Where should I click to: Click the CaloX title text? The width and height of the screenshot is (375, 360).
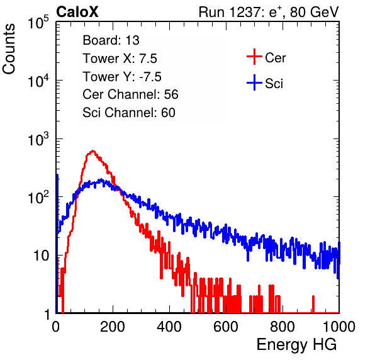tap(77, 12)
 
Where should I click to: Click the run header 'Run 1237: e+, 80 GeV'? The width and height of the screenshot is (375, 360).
tap(269, 12)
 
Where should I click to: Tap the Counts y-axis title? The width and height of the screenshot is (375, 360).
tap(9, 49)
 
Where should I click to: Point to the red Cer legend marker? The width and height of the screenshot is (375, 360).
tap(254, 57)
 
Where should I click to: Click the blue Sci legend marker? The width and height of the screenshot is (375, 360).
tap(254, 82)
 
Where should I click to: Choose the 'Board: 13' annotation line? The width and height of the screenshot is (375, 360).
tap(111, 40)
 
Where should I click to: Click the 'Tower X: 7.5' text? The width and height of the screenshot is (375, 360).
tap(120, 59)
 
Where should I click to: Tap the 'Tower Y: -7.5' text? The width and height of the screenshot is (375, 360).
tap(122, 77)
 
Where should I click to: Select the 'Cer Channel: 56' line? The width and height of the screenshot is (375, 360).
tap(130, 94)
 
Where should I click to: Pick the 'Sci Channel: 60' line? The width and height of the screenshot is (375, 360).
tap(129, 113)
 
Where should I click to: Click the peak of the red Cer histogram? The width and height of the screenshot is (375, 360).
tap(92, 151)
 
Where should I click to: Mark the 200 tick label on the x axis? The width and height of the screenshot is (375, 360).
tap(113, 327)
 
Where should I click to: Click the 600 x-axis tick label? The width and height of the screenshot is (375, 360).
tap(226, 327)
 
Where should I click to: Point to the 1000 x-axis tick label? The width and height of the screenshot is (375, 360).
tap(339, 327)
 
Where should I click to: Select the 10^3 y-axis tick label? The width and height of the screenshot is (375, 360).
tap(38, 139)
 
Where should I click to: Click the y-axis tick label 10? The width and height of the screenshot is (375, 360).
tap(41, 256)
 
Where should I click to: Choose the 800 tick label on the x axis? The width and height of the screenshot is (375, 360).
tap(283, 327)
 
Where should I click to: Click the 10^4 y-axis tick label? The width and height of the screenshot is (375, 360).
tap(38, 81)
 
